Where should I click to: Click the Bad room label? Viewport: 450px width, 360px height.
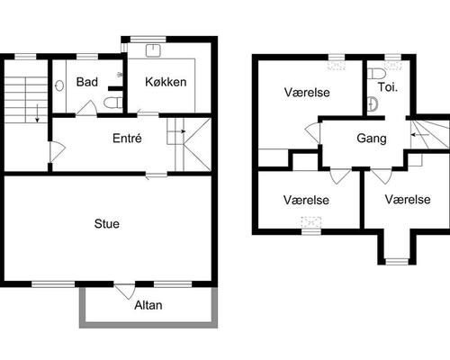tap(87, 82)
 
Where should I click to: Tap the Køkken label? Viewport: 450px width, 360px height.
tap(166, 82)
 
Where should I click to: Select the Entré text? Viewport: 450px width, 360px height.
tap(127, 139)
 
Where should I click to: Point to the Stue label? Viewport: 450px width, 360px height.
tap(107, 224)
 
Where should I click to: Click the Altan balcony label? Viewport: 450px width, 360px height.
tap(148, 305)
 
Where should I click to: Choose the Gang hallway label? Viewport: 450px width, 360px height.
tap(372, 139)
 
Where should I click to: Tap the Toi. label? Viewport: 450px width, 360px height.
tap(387, 87)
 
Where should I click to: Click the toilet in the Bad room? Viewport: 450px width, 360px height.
tap(113, 103)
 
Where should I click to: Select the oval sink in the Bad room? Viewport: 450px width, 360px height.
tap(59, 85)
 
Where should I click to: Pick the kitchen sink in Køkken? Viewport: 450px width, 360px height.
tap(153, 50)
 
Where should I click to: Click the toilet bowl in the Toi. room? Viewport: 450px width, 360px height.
tap(376, 74)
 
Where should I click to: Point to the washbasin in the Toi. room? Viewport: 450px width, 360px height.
tap(373, 104)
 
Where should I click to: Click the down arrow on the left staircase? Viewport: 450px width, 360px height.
tap(37, 113)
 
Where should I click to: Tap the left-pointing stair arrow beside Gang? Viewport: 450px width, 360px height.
tap(419, 135)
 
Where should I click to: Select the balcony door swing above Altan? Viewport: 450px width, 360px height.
tap(125, 292)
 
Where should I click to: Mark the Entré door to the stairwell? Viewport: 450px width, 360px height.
tap(57, 151)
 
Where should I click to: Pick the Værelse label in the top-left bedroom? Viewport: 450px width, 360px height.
tap(307, 93)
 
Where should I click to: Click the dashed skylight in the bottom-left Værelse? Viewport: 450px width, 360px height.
tap(311, 222)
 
